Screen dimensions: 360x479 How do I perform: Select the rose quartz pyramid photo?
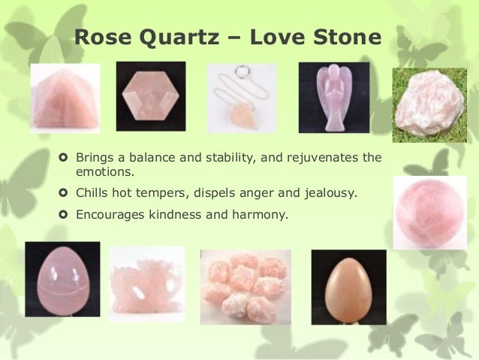click(65, 97)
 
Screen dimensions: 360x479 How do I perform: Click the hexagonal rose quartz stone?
click(150, 97)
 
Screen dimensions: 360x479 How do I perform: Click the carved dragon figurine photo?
click(146, 282)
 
